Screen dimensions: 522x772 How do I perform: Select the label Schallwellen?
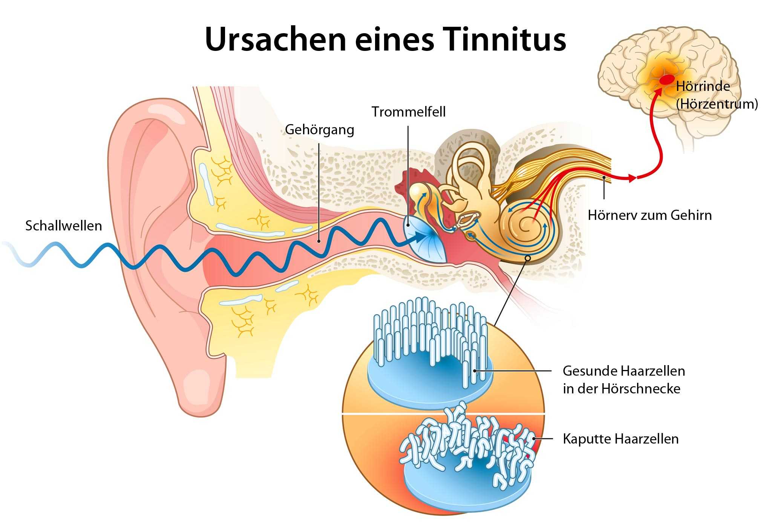pos(63,226)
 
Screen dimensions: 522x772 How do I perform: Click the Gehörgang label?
pos(319,130)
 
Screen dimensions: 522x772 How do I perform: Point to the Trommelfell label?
pos(408,112)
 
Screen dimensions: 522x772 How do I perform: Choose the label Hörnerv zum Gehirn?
pos(649,215)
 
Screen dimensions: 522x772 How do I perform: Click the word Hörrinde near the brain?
pos(703,86)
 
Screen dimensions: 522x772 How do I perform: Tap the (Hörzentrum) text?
pos(717,104)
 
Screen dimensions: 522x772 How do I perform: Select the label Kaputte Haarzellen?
pos(620,439)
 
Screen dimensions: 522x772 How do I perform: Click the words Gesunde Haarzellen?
pos(624,371)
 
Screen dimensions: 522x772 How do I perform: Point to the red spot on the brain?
pos(666,79)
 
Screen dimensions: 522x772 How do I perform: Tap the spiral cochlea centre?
pos(524,226)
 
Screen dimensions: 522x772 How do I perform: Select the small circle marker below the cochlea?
pos(528,258)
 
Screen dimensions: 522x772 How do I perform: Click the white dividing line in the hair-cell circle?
pos(443,414)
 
